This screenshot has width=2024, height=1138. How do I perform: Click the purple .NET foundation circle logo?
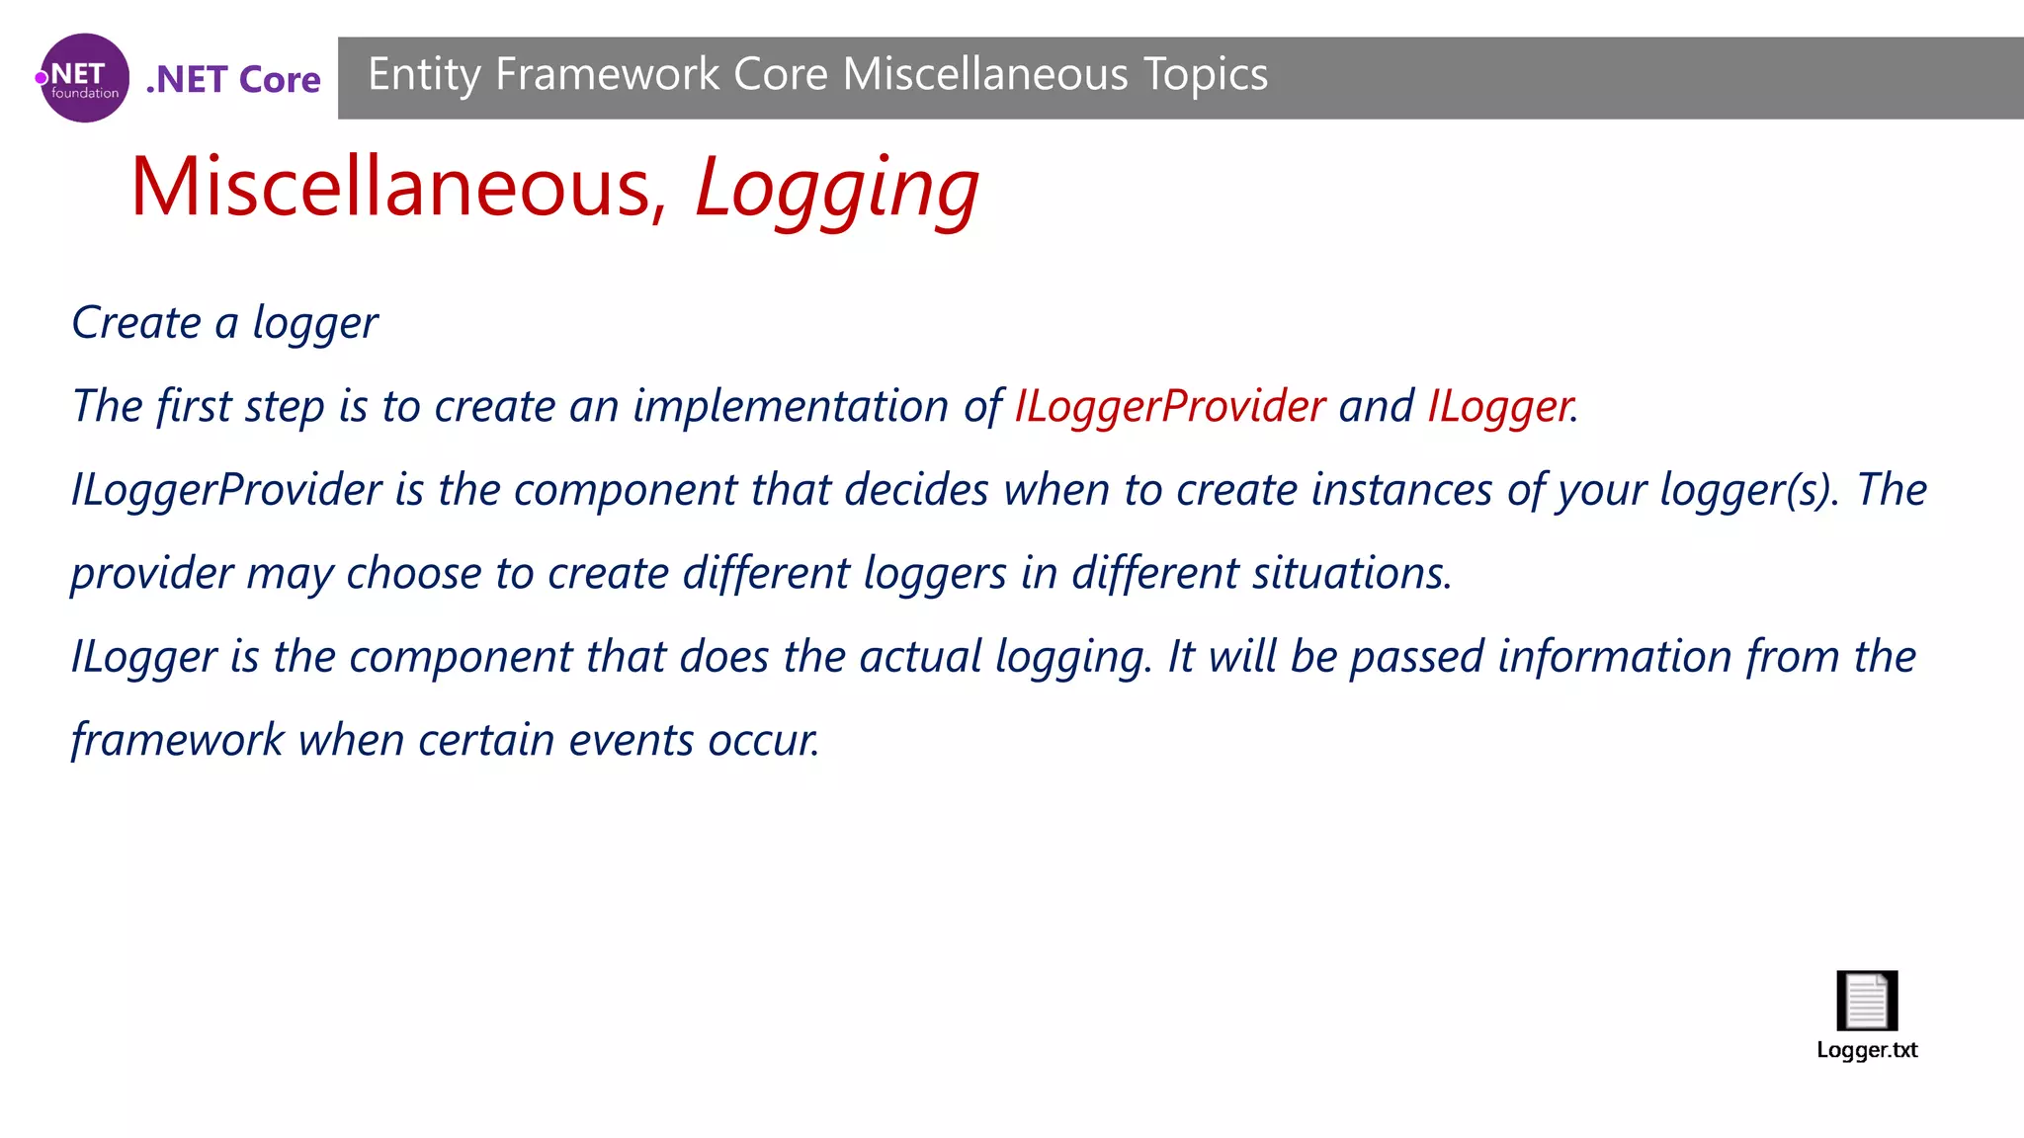(x=84, y=78)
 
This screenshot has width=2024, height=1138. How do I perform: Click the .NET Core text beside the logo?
(x=233, y=79)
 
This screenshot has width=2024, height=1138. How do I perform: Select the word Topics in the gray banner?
(x=1206, y=75)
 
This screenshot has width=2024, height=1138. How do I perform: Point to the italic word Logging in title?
(x=836, y=189)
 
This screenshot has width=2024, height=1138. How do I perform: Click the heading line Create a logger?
(x=224, y=323)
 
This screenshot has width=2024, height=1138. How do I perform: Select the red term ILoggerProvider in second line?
(x=1169, y=406)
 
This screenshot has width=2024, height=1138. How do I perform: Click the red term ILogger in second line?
(x=1500, y=406)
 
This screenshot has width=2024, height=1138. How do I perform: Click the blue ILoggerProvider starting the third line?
(x=226, y=490)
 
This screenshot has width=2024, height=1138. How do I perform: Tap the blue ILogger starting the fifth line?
(x=143, y=657)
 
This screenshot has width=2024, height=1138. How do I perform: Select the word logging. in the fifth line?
(x=1073, y=657)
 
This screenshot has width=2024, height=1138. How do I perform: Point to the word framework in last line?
(x=178, y=740)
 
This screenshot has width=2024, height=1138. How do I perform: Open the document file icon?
(x=1867, y=1000)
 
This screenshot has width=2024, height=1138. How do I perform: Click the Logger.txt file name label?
(x=1867, y=1050)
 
